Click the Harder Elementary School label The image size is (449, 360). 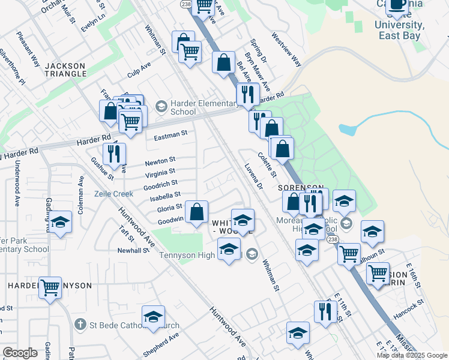[x=183, y=107]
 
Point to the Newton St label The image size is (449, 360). [x=160, y=161]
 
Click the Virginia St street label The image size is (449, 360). [x=160, y=173]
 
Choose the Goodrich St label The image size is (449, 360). [x=160, y=184]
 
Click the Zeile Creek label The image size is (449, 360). [x=113, y=194]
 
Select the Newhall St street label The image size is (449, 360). [x=133, y=250]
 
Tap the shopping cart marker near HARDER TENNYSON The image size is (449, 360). [x=50, y=287]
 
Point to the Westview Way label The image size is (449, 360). [x=286, y=50]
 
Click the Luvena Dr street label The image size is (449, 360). [x=254, y=178]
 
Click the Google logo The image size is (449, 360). [x=20, y=353]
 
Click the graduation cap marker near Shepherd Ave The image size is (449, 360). [x=153, y=317]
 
